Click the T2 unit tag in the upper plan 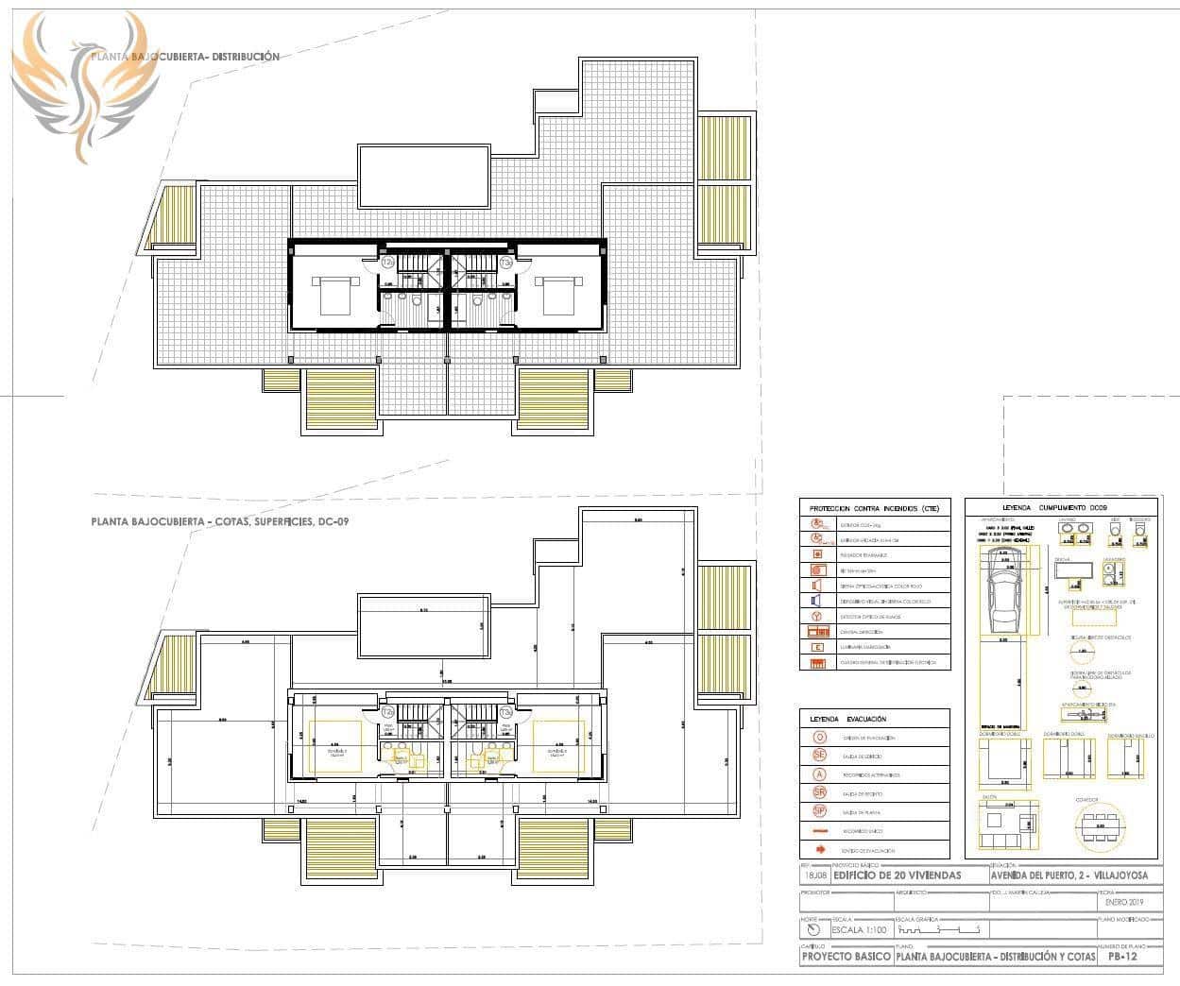[387, 262]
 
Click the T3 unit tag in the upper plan [505, 262]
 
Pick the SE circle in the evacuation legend [819, 756]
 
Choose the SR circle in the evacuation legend [819, 792]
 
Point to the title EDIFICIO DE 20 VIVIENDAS [898, 875]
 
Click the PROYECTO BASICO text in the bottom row [846, 957]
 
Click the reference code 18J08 [814, 875]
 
